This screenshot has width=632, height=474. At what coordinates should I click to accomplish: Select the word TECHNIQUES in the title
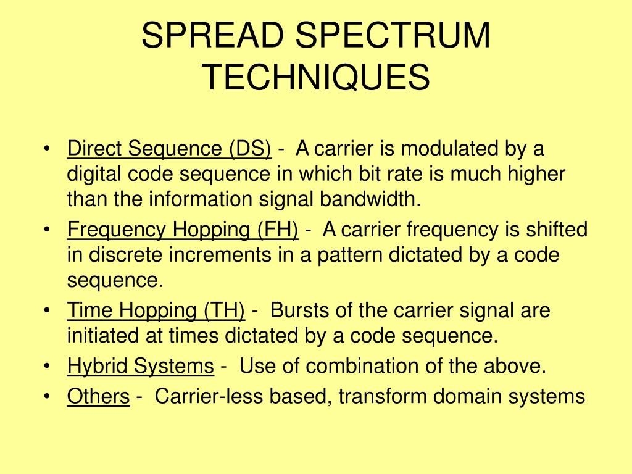tap(316, 77)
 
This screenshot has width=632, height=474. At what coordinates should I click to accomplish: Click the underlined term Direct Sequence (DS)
tap(169, 149)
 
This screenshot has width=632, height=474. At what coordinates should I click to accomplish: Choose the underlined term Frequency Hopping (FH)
tap(183, 230)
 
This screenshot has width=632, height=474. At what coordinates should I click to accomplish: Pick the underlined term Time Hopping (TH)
tap(156, 310)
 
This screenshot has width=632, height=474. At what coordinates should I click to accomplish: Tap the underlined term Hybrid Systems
tap(141, 366)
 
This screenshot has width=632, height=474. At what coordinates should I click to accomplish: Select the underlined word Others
tap(98, 396)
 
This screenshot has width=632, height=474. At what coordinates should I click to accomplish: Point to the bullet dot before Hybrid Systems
tap(48, 367)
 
